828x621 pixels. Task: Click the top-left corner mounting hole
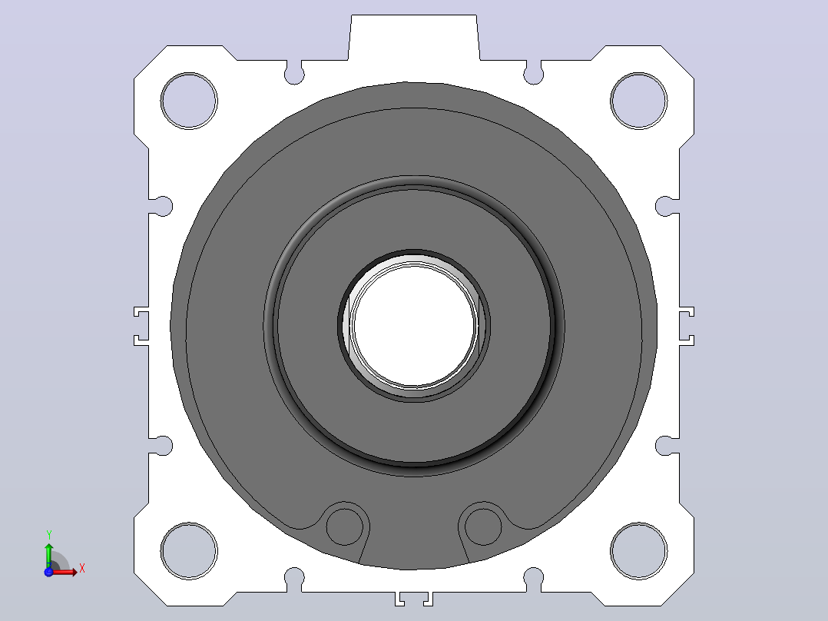[x=189, y=101]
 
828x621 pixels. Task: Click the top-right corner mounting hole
[x=638, y=101]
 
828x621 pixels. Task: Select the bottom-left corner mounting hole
[x=189, y=551]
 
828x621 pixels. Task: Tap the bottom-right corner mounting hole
[x=638, y=551]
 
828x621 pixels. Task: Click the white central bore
[x=415, y=325]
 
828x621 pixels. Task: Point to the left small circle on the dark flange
[x=345, y=526]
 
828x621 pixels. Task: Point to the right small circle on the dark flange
[x=483, y=526]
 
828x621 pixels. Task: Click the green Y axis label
[x=48, y=535]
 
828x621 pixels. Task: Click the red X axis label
[x=82, y=569]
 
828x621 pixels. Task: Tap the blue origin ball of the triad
[x=48, y=572]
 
